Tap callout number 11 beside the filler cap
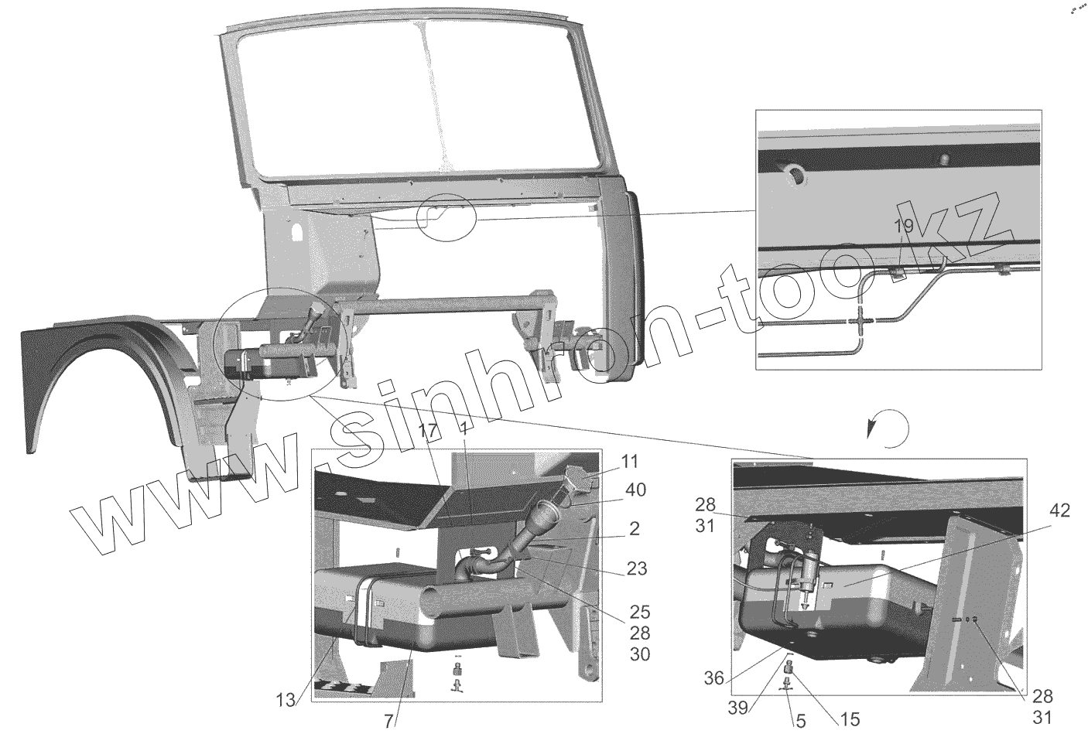tap(630, 463)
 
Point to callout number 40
tap(636, 490)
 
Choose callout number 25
tap(638, 612)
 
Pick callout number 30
tap(638, 655)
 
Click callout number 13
tap(286, 701)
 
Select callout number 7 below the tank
tap(388, 722)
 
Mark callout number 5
tap(800, 721)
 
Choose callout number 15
tap(849, 720)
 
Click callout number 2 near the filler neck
tap(634, 530)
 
